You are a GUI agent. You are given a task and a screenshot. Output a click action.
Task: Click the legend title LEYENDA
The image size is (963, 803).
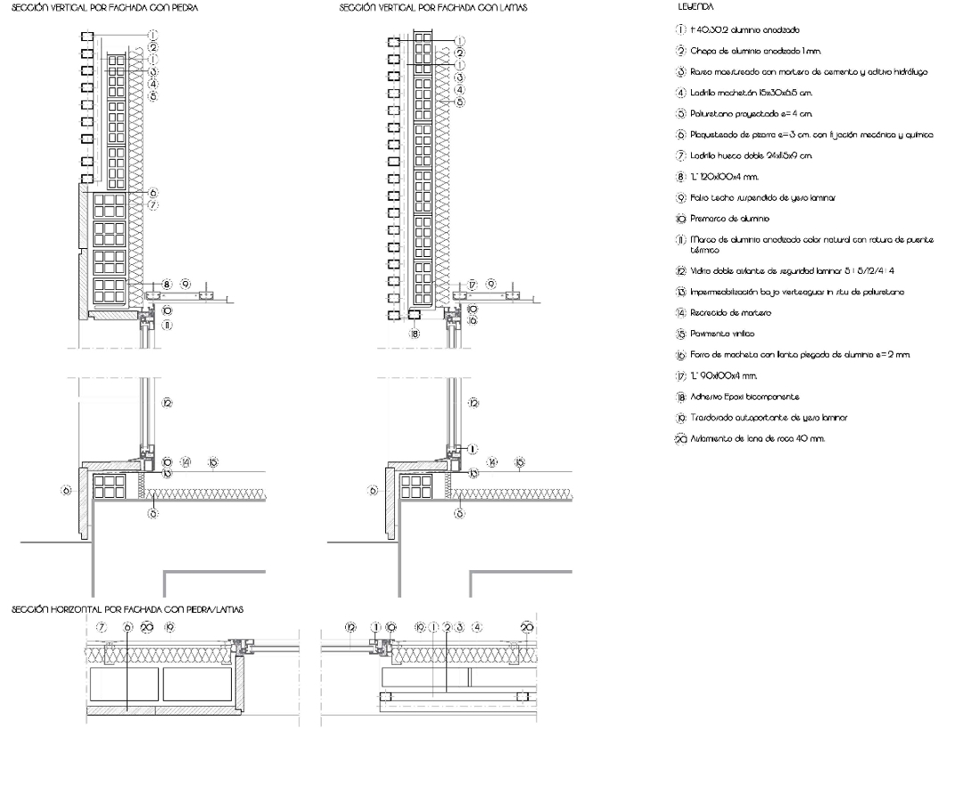tap(690, 7)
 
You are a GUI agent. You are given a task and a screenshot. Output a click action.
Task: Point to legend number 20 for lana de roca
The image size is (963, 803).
tap(682, 438)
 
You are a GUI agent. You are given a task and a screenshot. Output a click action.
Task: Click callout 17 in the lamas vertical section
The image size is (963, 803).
tap(473, 284)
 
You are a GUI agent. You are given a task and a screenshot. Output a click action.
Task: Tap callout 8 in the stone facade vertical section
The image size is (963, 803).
tap(167, 284)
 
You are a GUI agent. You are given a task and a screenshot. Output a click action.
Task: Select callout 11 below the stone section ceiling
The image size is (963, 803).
tap(167, 325)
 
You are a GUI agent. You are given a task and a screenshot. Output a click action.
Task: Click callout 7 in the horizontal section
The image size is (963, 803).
tap(102, 627)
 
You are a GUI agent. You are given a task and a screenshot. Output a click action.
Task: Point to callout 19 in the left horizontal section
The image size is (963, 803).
tap(169, 627)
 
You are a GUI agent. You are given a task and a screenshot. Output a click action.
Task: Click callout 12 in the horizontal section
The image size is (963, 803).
tap(350, 627)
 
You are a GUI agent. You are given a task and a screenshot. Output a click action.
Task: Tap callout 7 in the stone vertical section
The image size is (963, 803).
tap(153, 205)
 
